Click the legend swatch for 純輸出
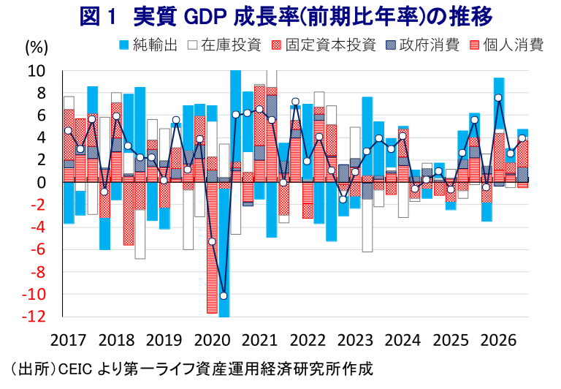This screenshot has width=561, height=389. click(x=123, y=45)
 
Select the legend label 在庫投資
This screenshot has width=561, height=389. click(x=231, y=45)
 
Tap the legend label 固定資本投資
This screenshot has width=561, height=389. click(x=331, y=45)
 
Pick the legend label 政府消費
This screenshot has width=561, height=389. click(x=430, y=45)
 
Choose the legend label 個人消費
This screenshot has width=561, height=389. click(x=514, y=45)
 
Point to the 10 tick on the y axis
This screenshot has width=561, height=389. click(x=37, y=71)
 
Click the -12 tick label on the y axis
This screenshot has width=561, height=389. click(x=34, y=317)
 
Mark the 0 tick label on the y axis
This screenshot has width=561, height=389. click(x=42, y=183)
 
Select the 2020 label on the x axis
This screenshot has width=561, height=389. click(x=212, y=340)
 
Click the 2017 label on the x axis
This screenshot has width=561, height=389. click(x=69, y=340)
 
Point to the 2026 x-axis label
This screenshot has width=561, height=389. click(x=498, y=340)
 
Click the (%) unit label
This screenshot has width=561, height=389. click(x=37, y=48)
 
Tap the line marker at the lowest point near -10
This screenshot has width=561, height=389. click(x=224, y=296)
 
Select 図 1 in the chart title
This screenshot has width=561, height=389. click(x=98, y=17)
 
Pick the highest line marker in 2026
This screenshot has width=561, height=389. click(x=498, y=98)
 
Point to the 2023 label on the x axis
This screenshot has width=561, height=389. click(x=355, y=340)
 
